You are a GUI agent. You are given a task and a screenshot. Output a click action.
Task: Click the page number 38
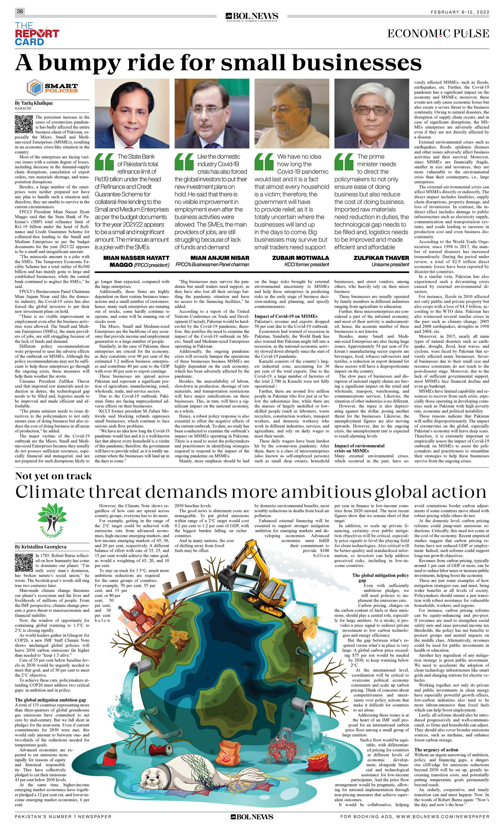point(20,11)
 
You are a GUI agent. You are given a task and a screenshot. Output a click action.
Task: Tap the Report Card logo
point(37,34)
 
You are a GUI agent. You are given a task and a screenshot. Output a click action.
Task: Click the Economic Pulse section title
point(438,34)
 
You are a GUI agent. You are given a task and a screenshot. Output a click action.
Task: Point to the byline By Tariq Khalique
point(34,103)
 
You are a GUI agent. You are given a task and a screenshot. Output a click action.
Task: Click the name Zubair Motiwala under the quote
point(301,258)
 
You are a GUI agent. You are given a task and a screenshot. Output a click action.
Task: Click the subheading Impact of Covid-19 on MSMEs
point(286,316)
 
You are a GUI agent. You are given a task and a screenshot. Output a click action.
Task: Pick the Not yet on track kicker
point(53,476)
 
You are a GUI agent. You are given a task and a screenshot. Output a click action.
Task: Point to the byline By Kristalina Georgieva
point(41,547)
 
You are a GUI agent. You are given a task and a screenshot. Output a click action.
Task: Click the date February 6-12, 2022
point(460,12)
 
